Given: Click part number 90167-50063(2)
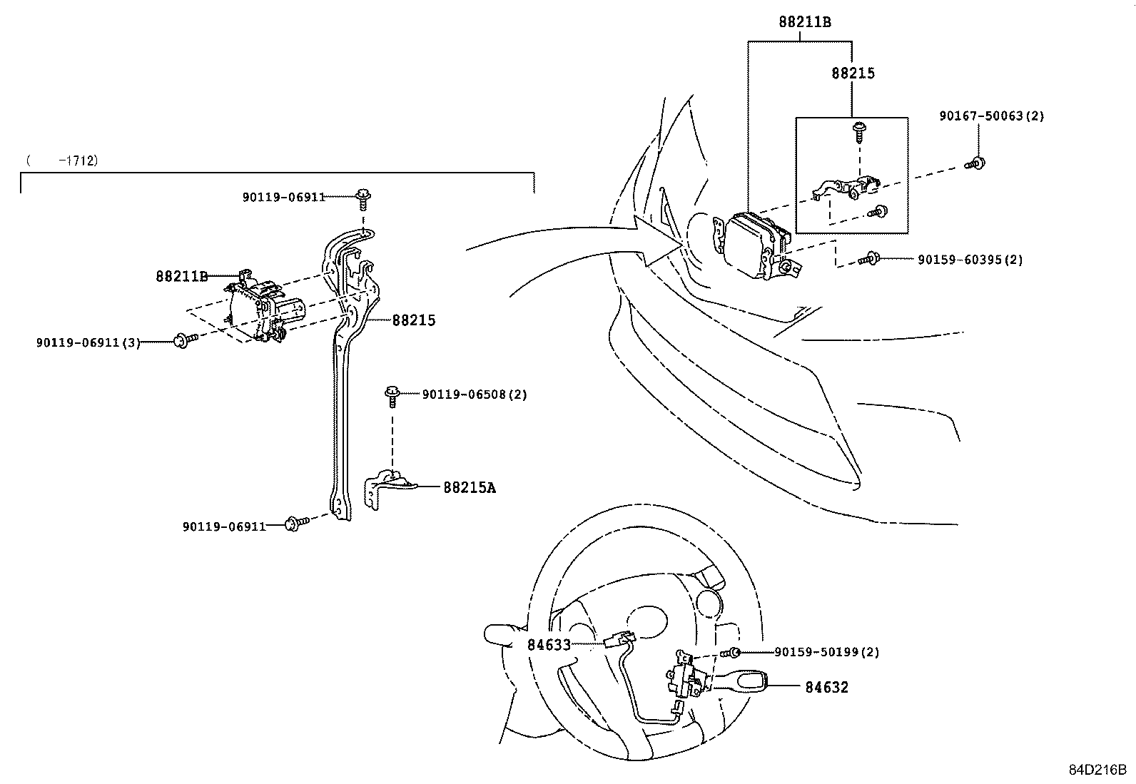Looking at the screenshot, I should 991,116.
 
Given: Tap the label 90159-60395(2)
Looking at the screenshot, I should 970,260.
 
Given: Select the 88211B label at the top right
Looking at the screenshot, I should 804,22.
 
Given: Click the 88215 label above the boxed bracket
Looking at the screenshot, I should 853,73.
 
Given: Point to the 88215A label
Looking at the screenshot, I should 469,488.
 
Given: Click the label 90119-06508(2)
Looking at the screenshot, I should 474,394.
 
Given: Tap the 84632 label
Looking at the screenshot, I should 826,688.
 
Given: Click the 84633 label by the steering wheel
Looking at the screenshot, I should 549,645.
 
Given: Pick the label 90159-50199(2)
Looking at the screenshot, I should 826,652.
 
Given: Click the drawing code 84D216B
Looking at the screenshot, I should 1097,770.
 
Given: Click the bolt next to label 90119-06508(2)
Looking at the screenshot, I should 392,394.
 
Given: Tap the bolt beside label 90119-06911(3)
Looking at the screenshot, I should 183,340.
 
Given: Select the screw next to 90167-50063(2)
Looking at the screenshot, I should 976,163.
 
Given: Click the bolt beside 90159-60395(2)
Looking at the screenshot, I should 870,259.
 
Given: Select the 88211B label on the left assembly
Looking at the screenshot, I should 181,276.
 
